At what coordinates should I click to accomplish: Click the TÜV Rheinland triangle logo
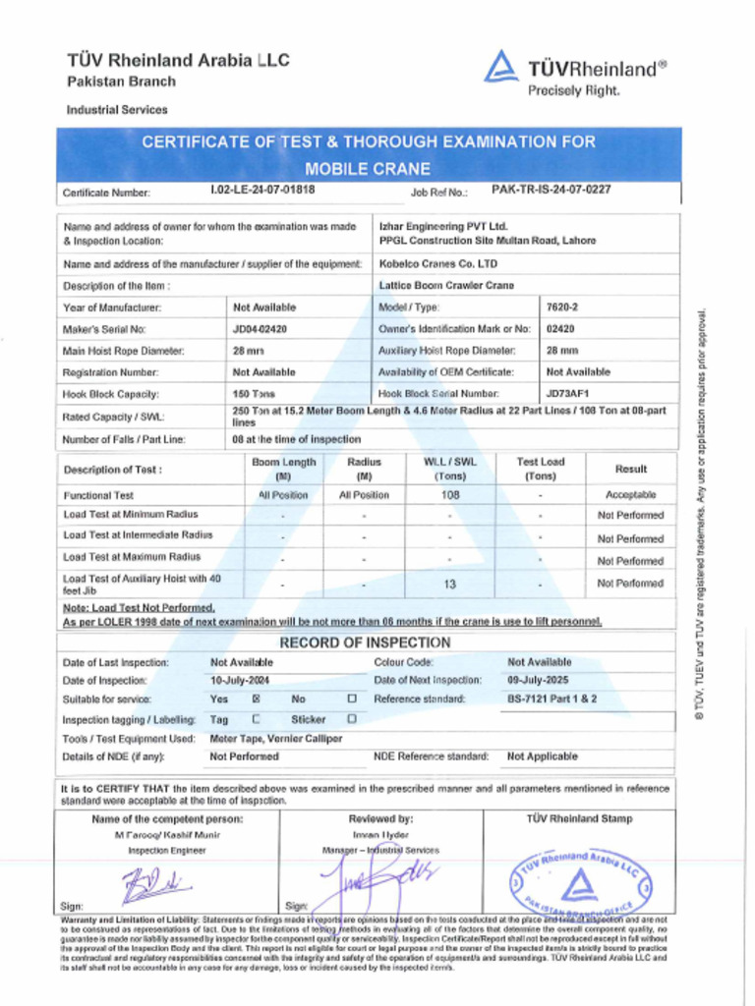pos(500,67)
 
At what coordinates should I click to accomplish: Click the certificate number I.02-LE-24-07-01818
pos(262,190)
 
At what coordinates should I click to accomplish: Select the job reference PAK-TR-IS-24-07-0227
pos(551,190)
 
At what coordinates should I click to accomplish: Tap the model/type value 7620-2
pos(562,307)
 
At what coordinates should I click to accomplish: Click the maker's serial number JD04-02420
pos(260,329)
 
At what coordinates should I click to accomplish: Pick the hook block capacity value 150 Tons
pos(254,394)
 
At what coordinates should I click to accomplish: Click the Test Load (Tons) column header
pos(541,469)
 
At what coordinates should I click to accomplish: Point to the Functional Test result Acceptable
pos(630,495)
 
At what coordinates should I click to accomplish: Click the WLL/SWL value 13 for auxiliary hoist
pos(449,584)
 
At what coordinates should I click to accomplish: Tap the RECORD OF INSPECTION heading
pos(366,643)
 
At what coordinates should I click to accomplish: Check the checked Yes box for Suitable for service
pos(257,699)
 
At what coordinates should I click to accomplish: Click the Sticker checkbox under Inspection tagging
pos(352,719)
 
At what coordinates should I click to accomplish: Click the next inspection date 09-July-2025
pos(540,680)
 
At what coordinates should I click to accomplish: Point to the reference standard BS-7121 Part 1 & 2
pos(552,699)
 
